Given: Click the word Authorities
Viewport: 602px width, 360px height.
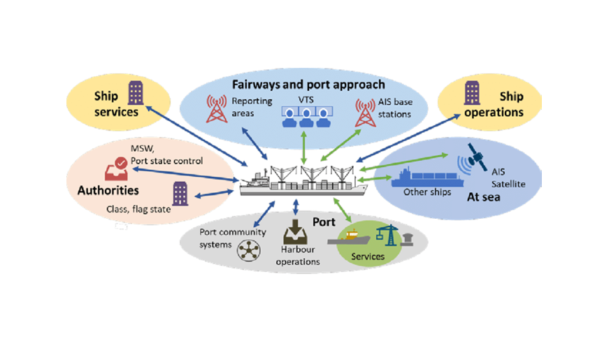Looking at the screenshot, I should tap(108, 190).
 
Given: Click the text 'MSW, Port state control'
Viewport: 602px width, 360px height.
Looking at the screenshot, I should tap(167, 155).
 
